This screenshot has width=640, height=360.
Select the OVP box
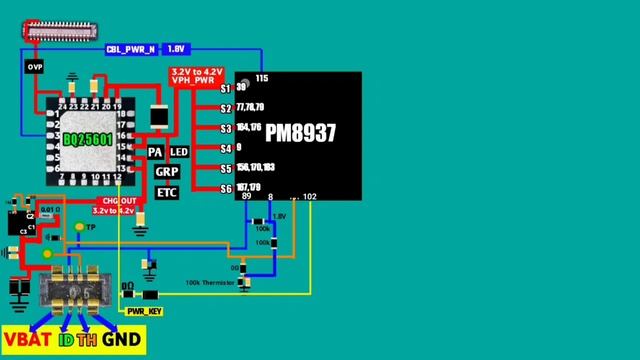(35, 66)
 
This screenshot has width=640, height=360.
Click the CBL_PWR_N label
(131, 48)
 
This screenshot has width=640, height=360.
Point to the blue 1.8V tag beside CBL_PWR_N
(176, 48)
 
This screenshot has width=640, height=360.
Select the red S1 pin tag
(226, 88)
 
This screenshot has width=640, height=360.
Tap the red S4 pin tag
(226, 148)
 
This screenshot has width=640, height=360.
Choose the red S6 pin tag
(226, 188)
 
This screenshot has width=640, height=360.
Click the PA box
(155, 152)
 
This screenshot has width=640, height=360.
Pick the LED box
(179, 152)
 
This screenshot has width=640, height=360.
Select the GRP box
(166, 171)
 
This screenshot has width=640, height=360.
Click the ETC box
(166, 190)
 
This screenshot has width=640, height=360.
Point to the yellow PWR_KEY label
(144, 312)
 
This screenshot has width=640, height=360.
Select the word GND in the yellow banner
(123, 341)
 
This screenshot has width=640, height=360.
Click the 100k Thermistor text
(210, 283)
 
